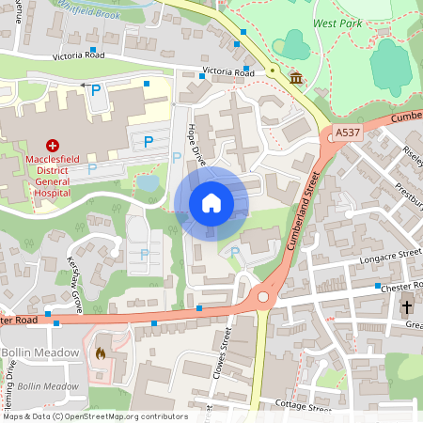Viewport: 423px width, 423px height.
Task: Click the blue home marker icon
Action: (211, 202)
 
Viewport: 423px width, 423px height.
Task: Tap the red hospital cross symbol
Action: (53, 146)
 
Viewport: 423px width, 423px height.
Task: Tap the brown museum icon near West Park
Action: (296, 77)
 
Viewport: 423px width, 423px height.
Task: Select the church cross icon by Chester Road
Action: (408, 307)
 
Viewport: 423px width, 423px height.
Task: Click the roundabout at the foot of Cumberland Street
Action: (262, 299)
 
